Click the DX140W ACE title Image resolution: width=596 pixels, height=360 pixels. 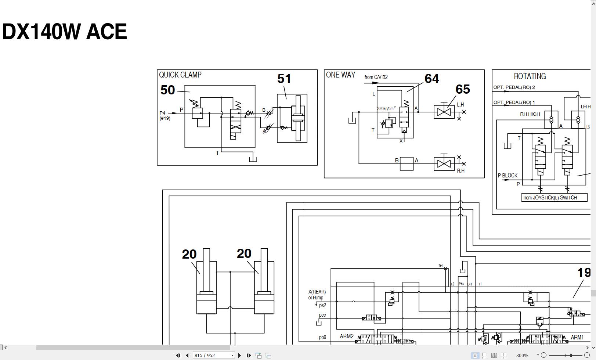[65, 32]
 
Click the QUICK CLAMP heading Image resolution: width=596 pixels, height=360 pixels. [180, 75]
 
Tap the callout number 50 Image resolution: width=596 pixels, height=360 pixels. [167, 90]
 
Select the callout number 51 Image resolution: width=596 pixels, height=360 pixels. [284, 79]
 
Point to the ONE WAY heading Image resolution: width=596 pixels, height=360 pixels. [340, 75]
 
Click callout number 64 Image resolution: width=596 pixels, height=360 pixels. [431, 79]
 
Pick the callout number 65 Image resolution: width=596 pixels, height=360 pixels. [462, 89]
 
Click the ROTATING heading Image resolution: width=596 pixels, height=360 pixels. [530, 76]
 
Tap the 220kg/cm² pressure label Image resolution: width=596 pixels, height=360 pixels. [386, 109]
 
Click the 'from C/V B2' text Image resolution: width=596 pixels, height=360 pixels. [376, 77]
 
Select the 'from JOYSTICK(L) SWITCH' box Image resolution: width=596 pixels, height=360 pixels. [554, 198]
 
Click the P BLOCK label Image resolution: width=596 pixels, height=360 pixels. [507, 176]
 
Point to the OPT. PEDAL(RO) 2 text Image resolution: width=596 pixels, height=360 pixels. [514, 87]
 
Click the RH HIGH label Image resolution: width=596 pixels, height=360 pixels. [530, 114]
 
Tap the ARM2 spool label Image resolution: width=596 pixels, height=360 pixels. [347, 336]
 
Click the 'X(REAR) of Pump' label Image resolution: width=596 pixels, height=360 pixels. [317, 295]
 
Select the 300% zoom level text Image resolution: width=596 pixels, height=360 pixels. [522, 355]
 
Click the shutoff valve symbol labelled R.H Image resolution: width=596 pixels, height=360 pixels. [444, 164]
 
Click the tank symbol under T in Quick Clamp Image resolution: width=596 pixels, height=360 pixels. [253, 159]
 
